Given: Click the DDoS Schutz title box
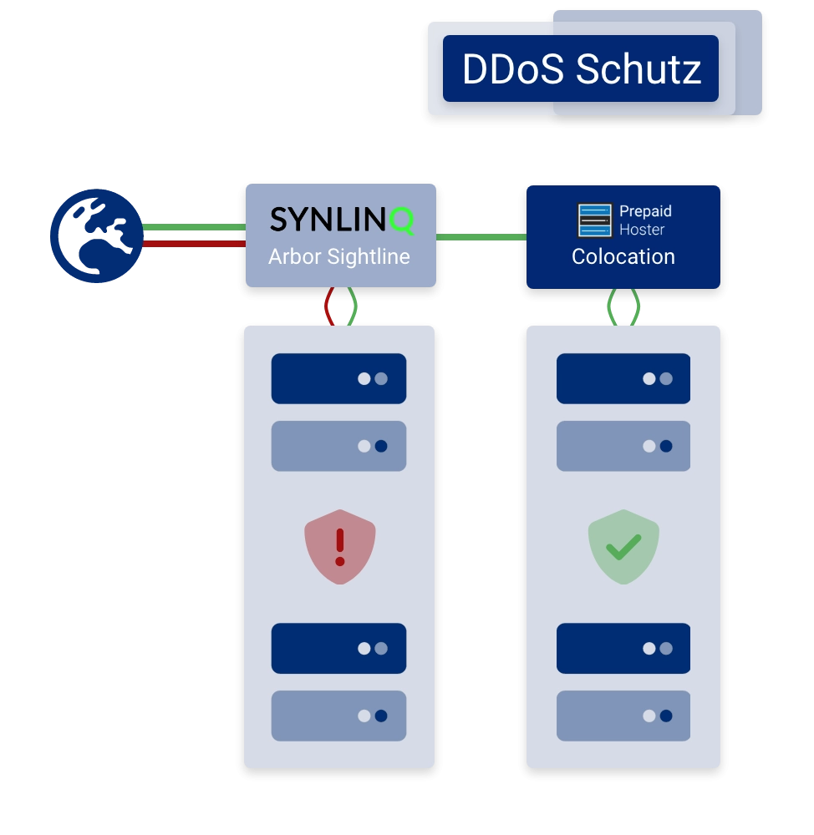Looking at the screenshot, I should [581, 68].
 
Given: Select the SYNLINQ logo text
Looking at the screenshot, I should [341, 220].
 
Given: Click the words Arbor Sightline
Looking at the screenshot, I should [339, 256].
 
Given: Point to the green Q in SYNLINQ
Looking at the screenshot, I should [402, 220].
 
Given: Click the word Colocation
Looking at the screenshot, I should [623, 256].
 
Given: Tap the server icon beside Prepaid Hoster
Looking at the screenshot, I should [595, 220].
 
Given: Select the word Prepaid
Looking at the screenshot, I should [645, 212].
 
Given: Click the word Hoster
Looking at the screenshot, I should [642, 230].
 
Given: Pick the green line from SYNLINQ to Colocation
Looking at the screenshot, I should [481, 237].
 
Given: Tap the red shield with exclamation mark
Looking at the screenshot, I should [339, 546].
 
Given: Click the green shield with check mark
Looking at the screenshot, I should [623, 547].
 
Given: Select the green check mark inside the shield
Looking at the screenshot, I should [623, 548].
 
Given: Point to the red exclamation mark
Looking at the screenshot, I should [339, 546].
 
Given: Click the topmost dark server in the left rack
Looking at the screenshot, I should [338, 378].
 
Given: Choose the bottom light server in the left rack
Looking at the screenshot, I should [338, 716].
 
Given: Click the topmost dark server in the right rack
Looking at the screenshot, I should [623, 378].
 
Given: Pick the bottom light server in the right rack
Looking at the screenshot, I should [623, 716].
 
